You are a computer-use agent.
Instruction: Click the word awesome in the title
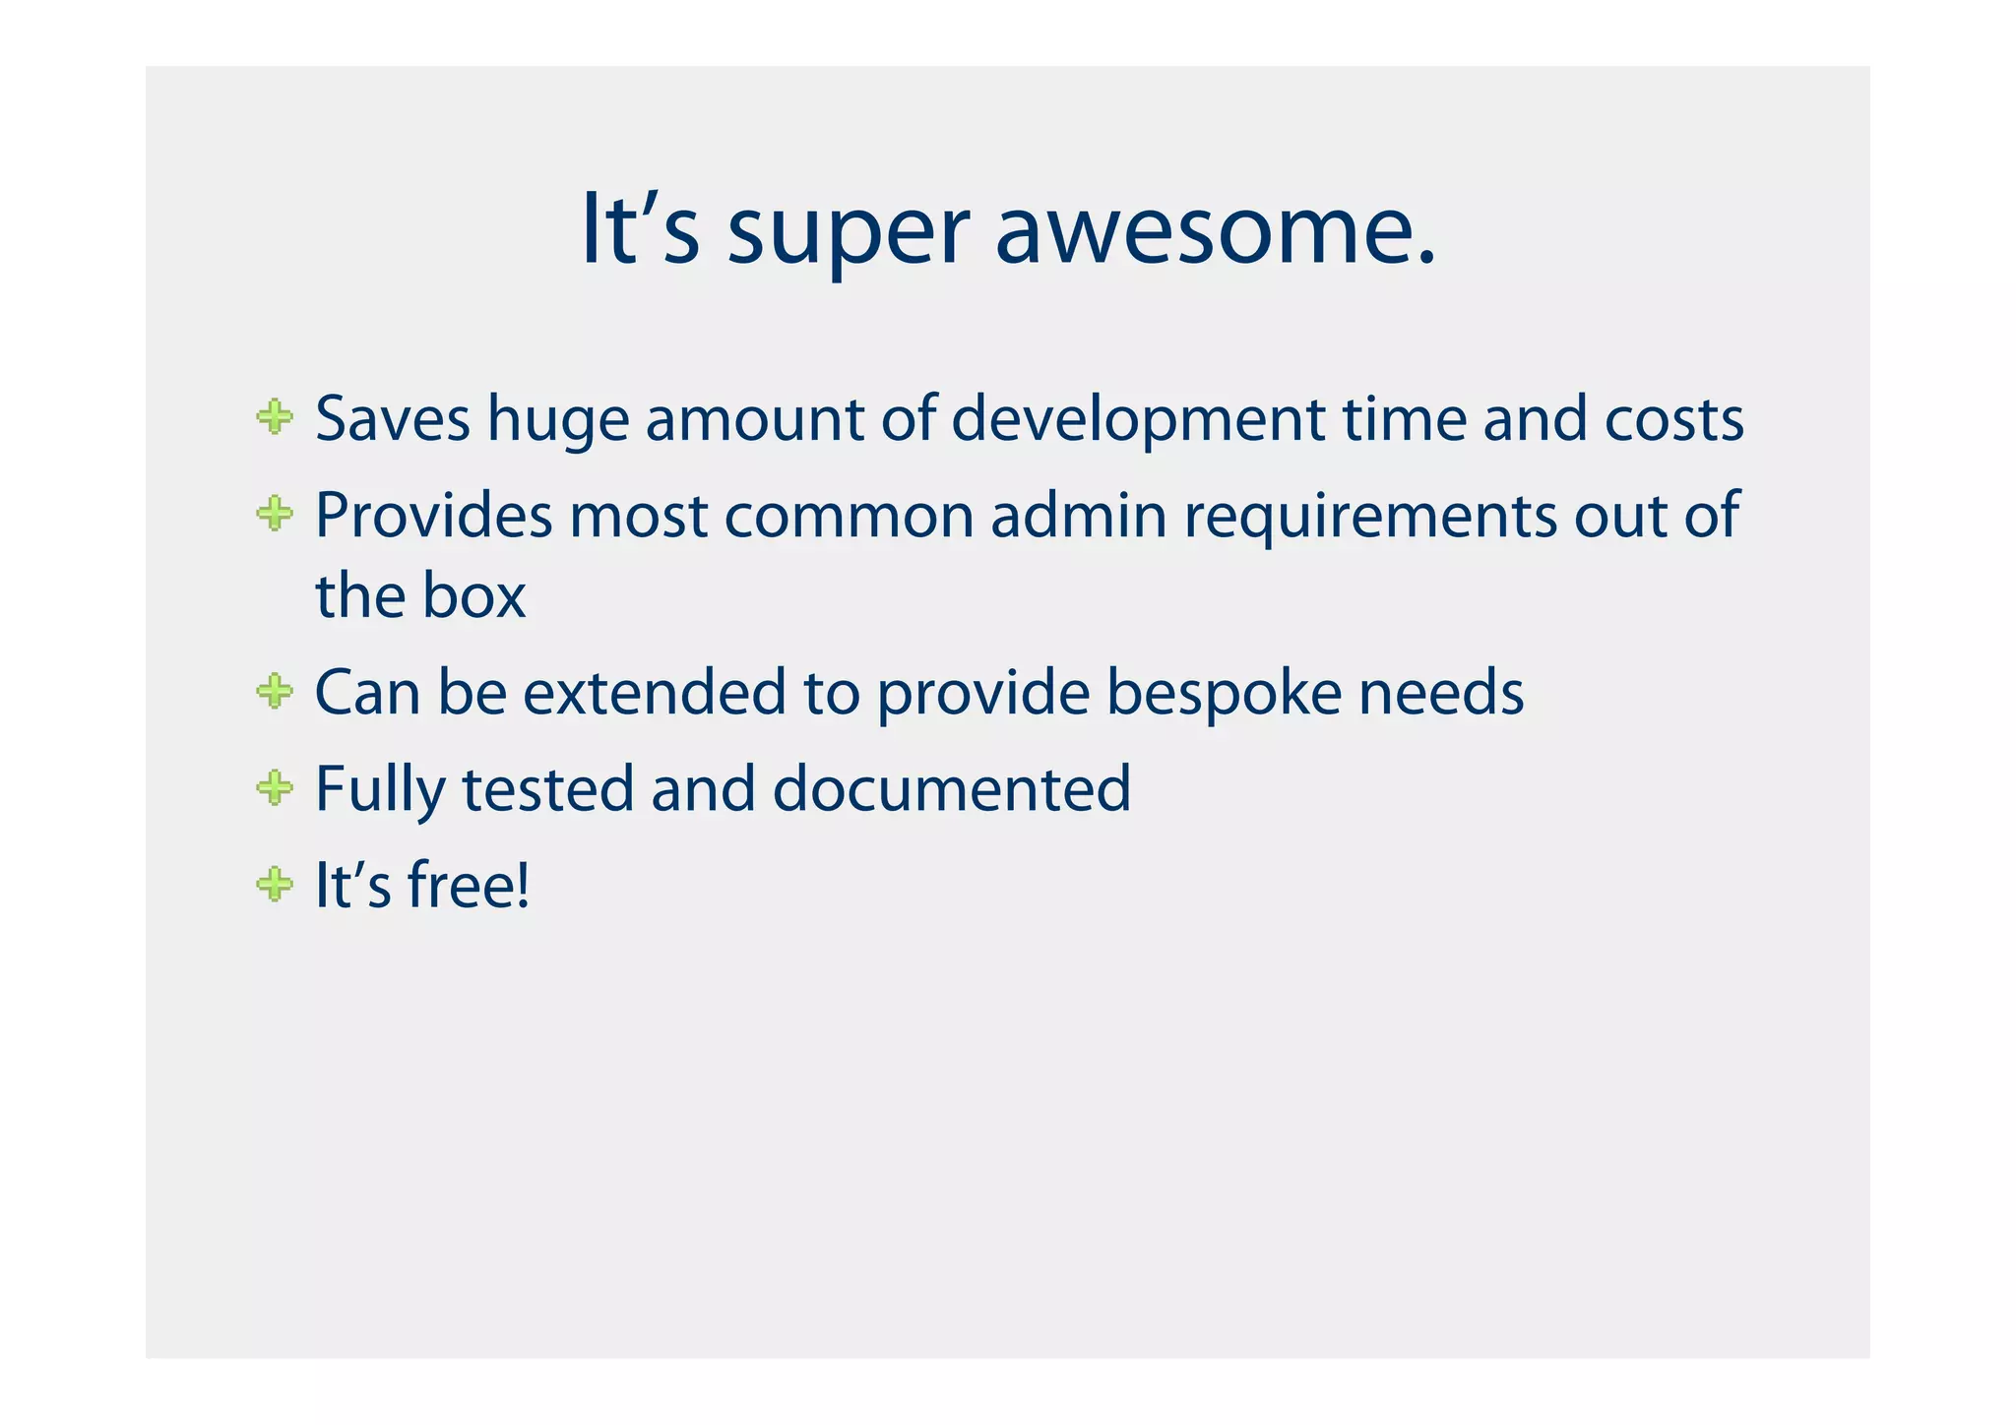point(1215,232)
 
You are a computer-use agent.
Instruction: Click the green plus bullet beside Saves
point(275,417)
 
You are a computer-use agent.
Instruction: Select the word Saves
point(393,419)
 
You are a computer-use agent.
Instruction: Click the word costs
point(1673,420)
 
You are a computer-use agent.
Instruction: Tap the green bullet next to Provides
point(275,513)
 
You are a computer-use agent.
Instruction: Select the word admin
point(1079,515)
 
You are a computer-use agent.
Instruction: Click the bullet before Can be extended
point(275,691)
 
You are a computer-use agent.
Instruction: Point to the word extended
point(655,692)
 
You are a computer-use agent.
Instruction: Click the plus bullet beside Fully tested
point(275,787)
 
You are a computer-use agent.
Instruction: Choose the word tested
point(547,789)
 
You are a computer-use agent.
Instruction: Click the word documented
point(952,789)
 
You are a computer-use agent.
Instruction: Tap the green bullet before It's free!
point(275,884)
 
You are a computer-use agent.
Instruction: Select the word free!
point(469,884)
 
